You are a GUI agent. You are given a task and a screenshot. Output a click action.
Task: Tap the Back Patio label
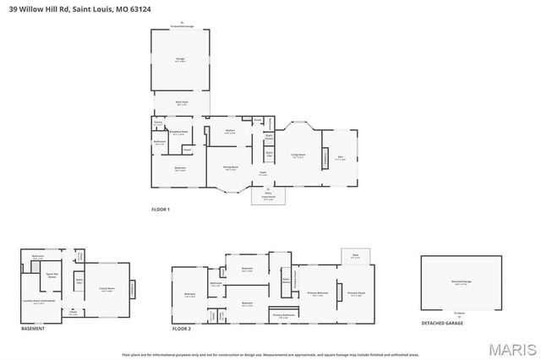(181, 102)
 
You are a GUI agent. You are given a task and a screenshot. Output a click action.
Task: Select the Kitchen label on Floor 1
(230, 130)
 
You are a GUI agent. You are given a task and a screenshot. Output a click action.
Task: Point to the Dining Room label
(230, 167)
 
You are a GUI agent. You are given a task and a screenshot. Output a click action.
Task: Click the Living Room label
(298, 155)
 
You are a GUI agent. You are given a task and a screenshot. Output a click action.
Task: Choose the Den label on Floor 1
(340, 158)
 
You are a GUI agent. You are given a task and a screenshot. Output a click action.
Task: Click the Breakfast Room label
(179, 132)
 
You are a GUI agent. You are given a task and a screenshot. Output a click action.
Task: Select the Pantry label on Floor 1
(158, 123)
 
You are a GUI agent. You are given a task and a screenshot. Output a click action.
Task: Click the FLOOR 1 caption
(161, 209)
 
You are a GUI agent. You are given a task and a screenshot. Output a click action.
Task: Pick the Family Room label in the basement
(107, 289)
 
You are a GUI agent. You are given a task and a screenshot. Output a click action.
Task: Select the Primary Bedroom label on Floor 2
(317, 293)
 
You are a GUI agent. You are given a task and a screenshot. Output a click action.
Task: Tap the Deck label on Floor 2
(355, 255)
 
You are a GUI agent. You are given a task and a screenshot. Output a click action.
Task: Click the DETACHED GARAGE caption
(442, 323)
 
